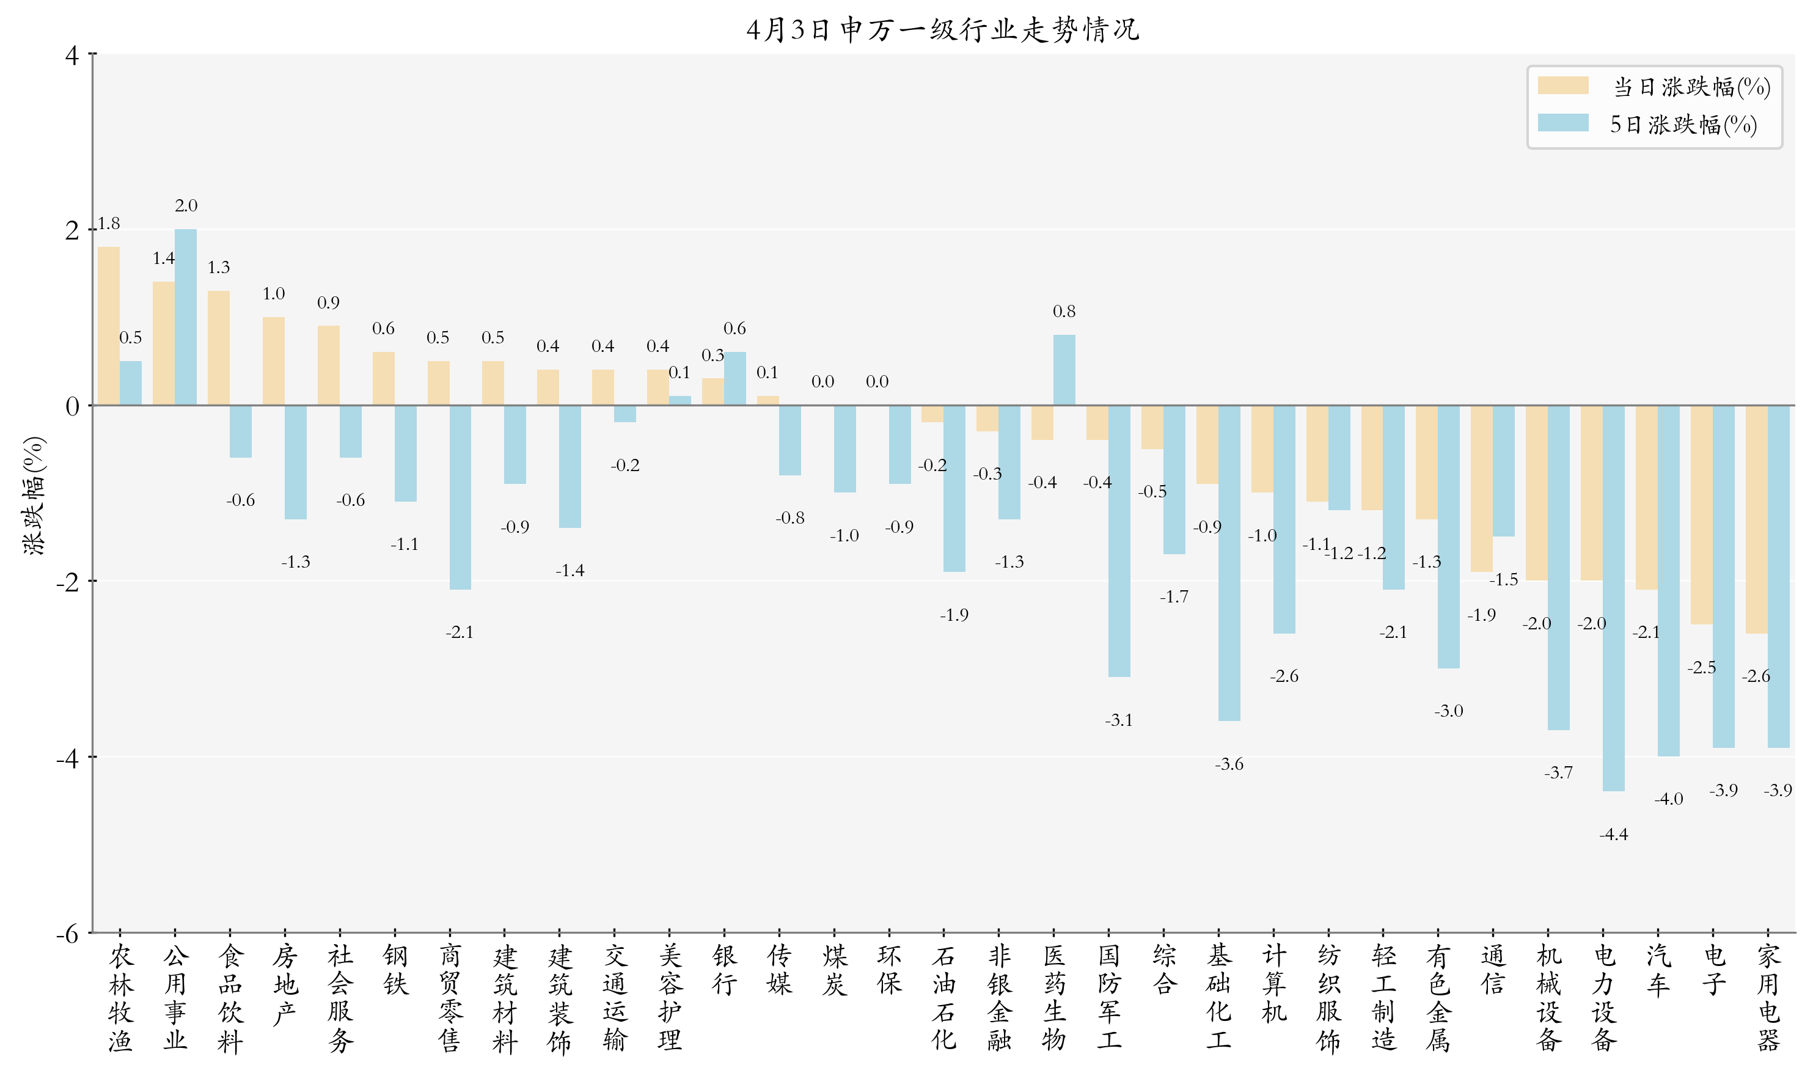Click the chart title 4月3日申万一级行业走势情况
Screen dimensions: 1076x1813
942,30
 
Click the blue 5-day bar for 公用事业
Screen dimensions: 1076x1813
186,317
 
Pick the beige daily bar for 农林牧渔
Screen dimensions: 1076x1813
109,326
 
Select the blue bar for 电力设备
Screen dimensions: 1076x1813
1613,598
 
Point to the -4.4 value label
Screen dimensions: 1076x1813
1613,835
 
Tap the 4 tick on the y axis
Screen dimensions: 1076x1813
71,55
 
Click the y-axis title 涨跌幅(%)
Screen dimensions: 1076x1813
34,496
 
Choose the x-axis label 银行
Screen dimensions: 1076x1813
724,970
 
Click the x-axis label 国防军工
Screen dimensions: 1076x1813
1108,998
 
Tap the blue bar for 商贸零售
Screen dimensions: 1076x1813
460,497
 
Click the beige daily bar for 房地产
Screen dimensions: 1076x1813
273,361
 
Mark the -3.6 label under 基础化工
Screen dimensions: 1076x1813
1229,764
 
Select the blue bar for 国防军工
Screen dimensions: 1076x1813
1119,541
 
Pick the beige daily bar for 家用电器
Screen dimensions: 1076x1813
1756,519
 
